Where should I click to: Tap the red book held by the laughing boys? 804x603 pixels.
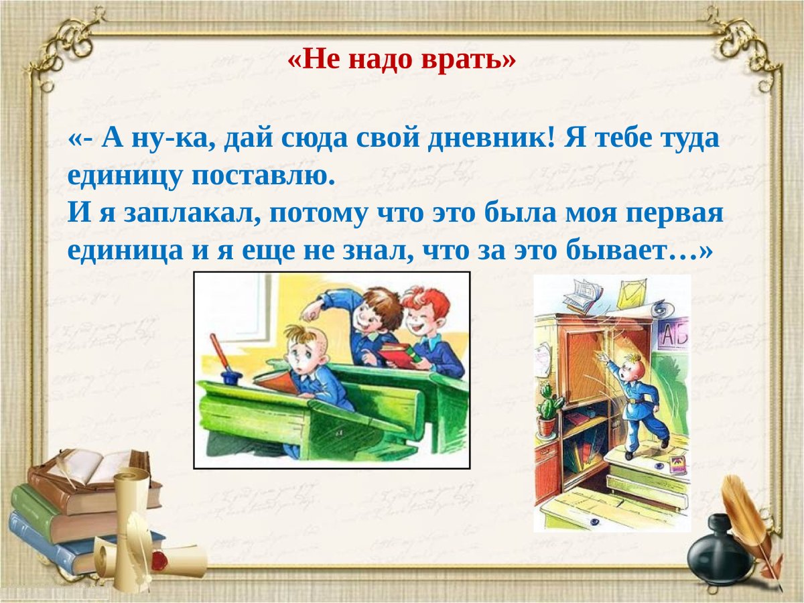(x=397, y=355)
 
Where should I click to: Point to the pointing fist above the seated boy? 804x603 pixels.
(x=311, y=310)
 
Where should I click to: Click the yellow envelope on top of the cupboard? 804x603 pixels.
(x=632, y=295)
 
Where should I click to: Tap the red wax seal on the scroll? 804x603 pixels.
(x=159, y=559)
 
